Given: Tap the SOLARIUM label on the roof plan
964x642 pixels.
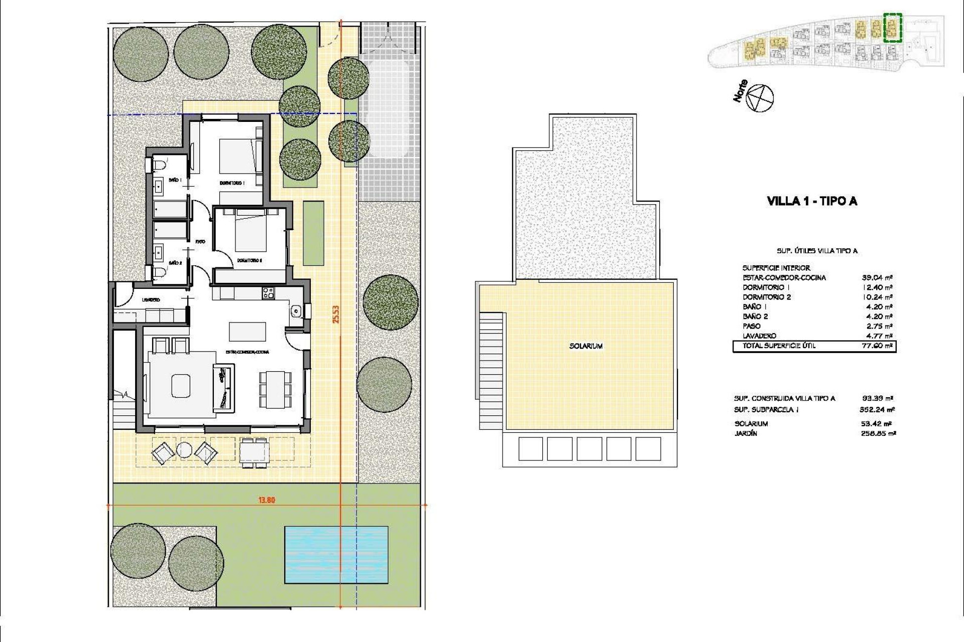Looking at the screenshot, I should pos(586,346).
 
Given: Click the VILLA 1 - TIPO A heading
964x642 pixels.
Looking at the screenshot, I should pos(812,201).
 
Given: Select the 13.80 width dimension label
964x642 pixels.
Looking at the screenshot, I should pos(266,500).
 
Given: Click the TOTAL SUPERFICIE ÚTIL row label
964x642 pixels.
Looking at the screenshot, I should pos(779,346).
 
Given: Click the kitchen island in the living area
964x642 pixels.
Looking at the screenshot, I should pos(248,331).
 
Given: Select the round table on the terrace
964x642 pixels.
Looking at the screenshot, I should pos(184,451).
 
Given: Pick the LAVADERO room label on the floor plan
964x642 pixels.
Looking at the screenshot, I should pos(151,300).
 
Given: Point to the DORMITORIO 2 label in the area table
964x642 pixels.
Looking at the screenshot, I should pos(766,297).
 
